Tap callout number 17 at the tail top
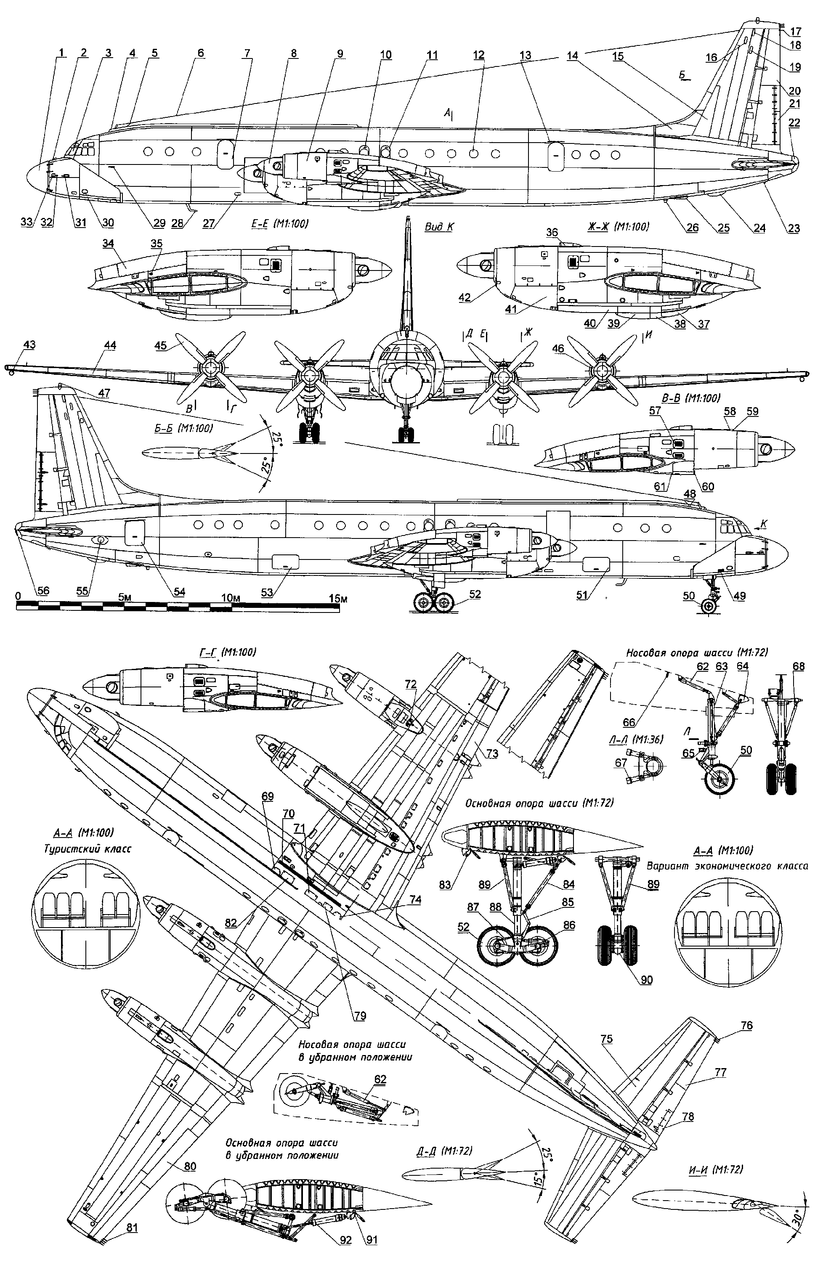tap(796, 31)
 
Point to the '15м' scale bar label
tap(338, 599)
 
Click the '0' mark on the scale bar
tap(18, 597)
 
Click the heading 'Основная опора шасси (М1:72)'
tap(539, 803)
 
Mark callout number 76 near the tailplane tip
tap(746, 1026)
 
